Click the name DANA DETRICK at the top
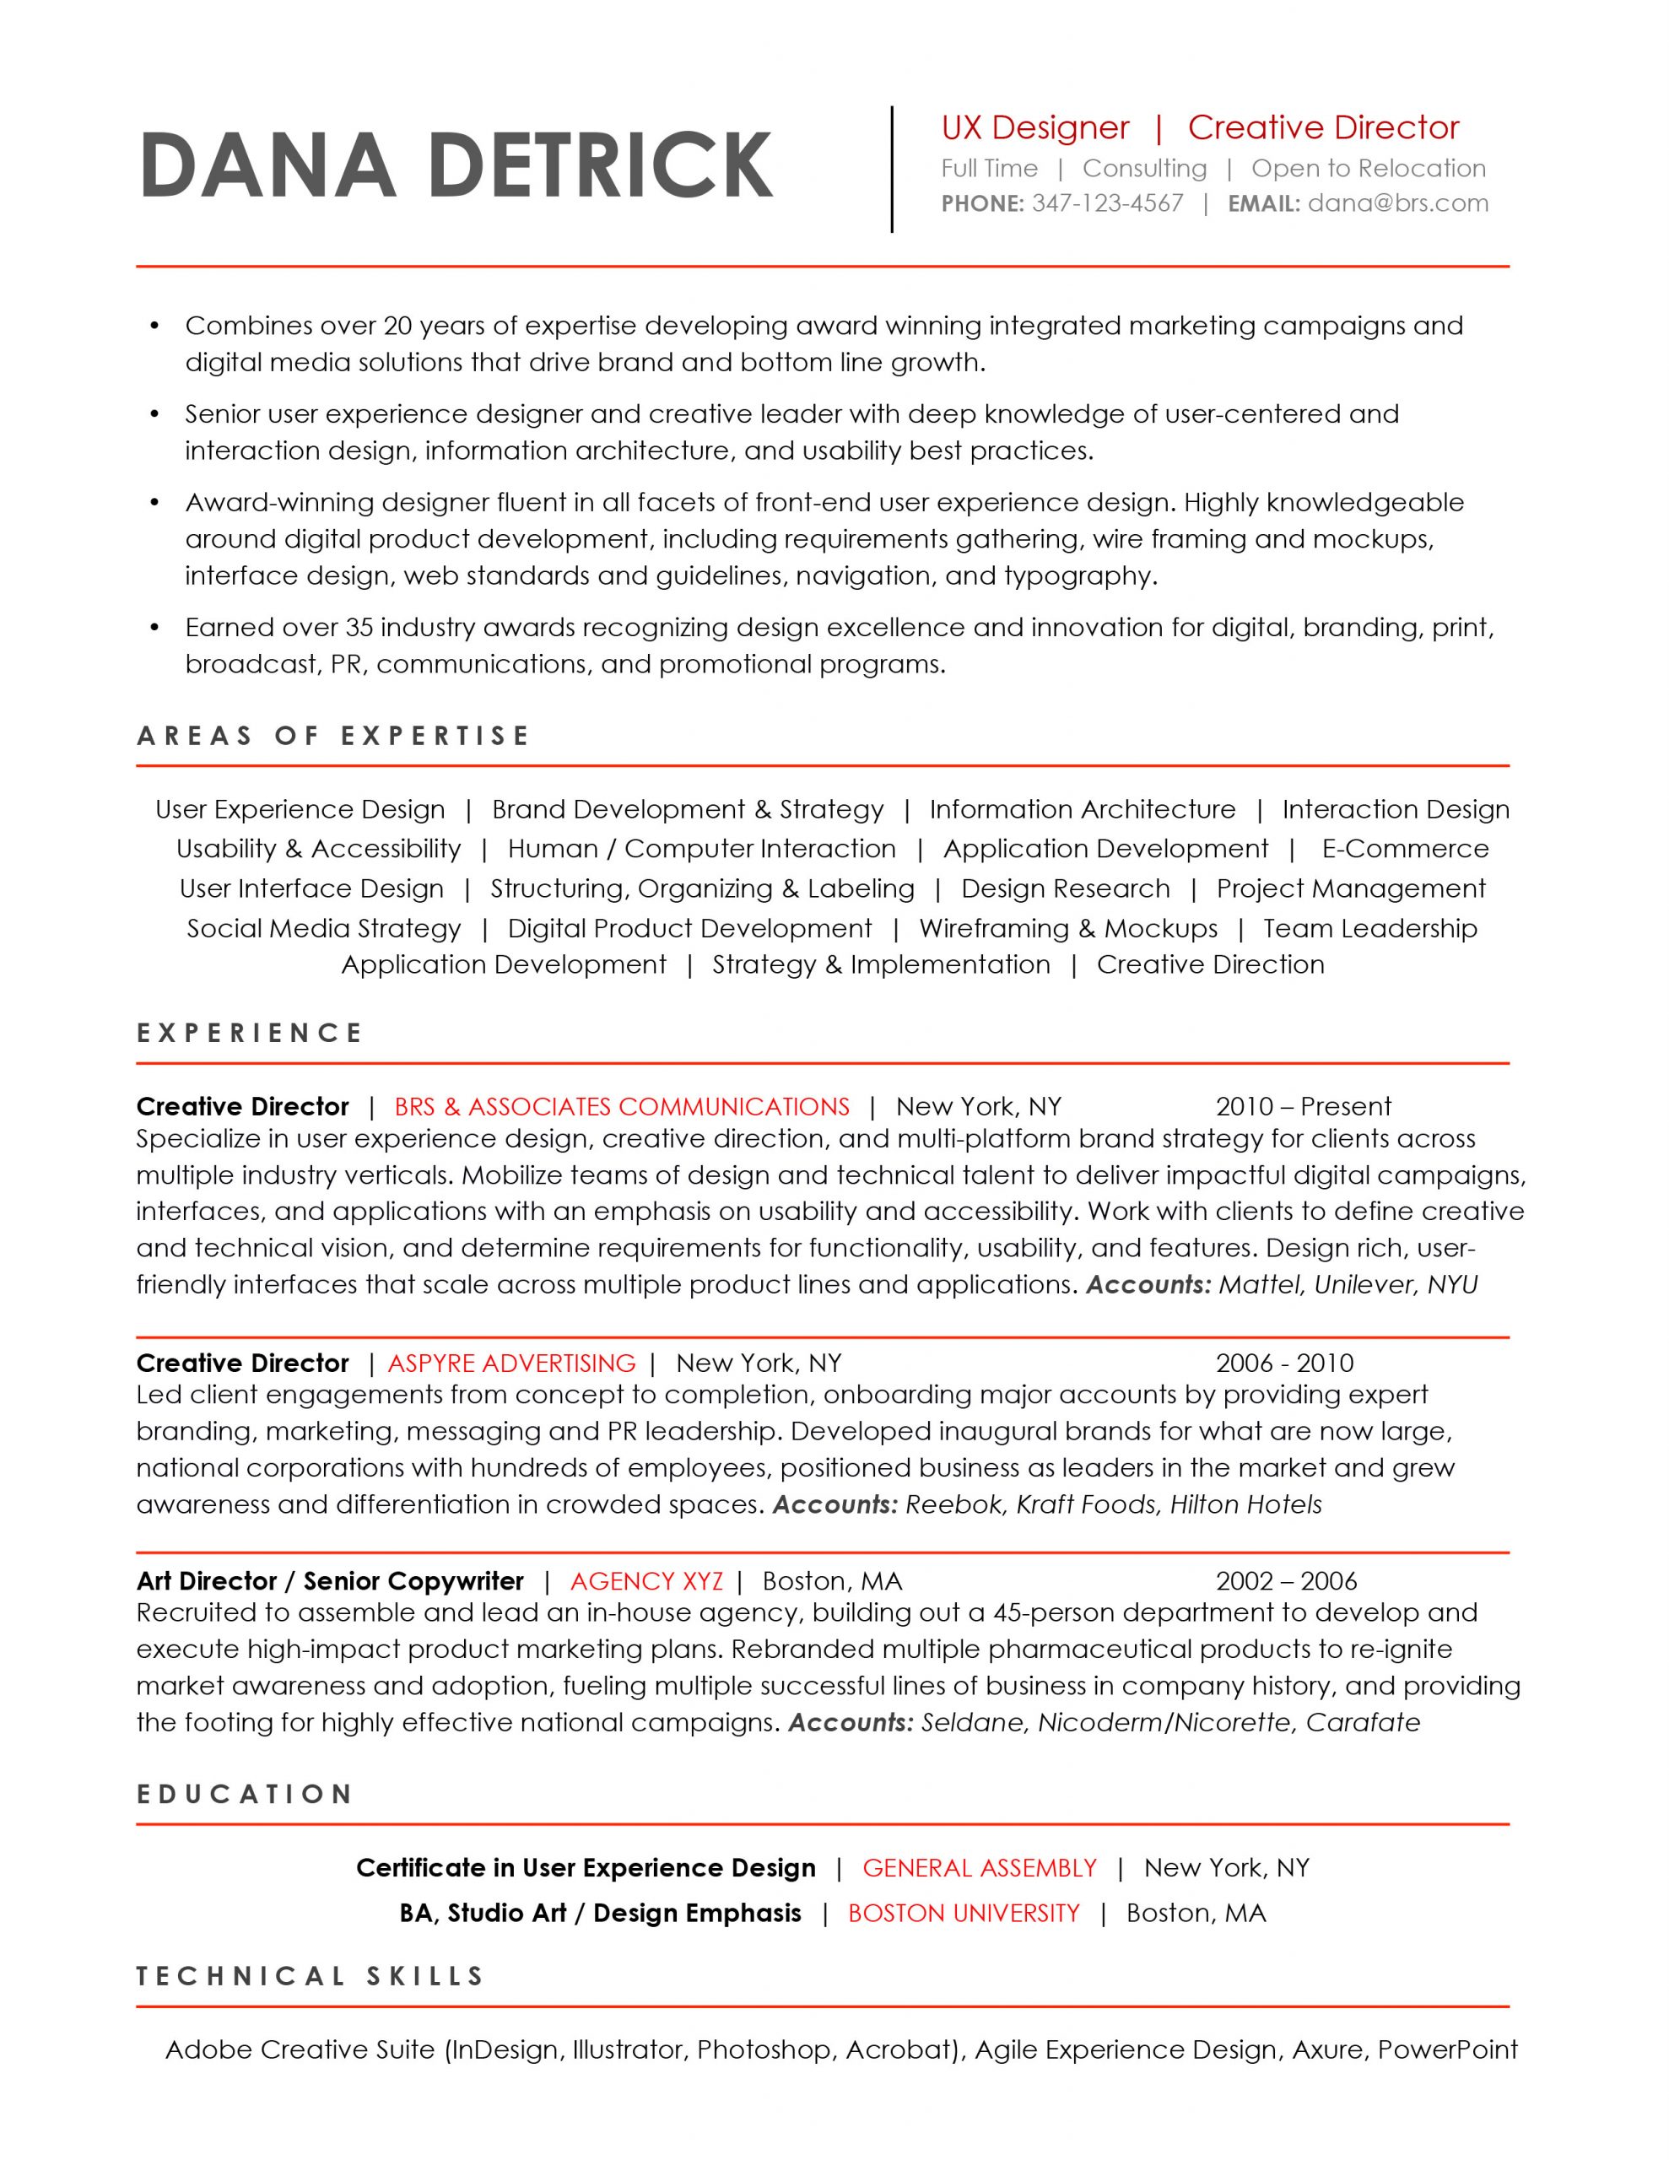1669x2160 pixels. coord(456,165)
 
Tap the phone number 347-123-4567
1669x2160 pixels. coord(1107,203)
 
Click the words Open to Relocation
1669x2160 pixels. coord(1369,169)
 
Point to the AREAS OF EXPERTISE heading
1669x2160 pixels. coord(333,736)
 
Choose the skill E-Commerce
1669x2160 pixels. coord(1405,849)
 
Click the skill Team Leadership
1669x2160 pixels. coord(1370,929)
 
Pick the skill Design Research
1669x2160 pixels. coord(1066,888)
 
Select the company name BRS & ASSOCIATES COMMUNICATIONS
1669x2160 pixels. coord(621,1107)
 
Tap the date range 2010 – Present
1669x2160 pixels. coord(1303,1107)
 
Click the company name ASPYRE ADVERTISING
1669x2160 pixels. coord(511,1363)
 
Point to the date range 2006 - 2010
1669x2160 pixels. coord(1284,1363)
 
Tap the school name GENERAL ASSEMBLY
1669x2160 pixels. coord(980,1867)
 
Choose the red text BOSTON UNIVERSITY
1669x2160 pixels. coord(964,1913)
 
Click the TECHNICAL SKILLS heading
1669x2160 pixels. coord(311,1977)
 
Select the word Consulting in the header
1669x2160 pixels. coord(1145,169)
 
